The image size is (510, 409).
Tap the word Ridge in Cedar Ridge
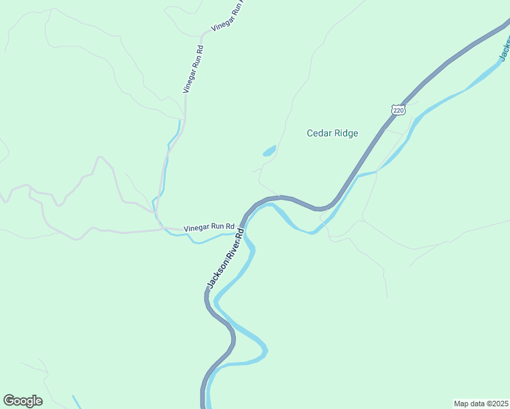[345, 134]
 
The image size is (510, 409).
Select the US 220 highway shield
[398, 110]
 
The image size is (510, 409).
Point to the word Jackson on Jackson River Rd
[215, 274]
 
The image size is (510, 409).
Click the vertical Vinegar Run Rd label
[193, 68]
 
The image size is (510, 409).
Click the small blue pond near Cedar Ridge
[269, 151]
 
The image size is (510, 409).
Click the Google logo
[22, 401]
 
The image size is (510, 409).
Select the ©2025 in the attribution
[498, 403]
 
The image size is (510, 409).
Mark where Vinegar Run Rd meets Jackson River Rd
[241, 224]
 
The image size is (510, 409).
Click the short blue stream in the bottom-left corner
[77, 402]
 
